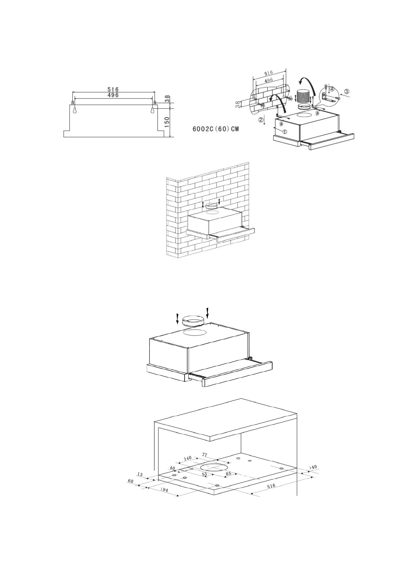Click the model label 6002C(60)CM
pos(216,129)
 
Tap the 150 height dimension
pos(167,122)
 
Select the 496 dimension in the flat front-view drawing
pos(113,95)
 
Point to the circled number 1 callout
pos(285,132)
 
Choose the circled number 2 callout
pos(260,120)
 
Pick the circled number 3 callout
pos(347,92)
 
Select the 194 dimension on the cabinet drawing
pos(164,490)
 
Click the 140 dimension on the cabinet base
pos(188,458)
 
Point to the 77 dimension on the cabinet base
pos(204,455)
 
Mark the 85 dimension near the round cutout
pos(228,474)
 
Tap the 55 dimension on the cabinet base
pos(204,474)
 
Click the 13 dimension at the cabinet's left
pos(140,474)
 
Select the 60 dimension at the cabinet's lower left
pos(131,481)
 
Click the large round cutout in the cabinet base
pos(214,468)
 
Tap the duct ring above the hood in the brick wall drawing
pos(211,206)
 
